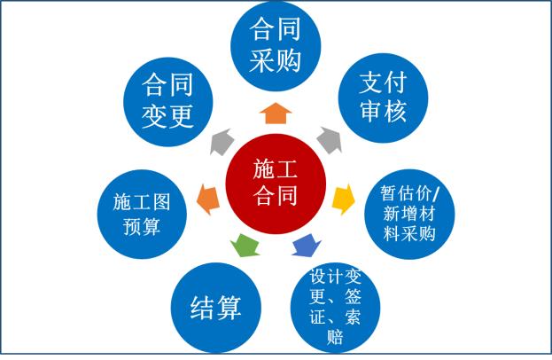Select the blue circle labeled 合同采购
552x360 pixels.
pyautogui.click(x=275, y=45)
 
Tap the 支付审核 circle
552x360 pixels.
pyautogui.click(x=383, y=98)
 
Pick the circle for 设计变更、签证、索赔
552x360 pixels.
pyautogui.click(x=335, y=307)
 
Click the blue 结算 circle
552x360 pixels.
pyautogui.click(x=216, y=308)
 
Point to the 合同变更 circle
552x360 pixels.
pyautogui.click(x=167, y=100)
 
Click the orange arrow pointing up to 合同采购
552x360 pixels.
pyautogui.click(x=276, y=113)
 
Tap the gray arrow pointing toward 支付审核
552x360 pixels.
pyautogui.click(x=328, y=139)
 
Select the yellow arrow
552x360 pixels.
pyautogui.click(x=343, y=199)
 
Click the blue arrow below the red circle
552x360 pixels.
pyautogui.click(x=306, y=244)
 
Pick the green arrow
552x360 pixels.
pyautogui.click(x=245, y=243)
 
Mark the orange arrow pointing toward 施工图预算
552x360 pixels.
pyautogui.click(x=207, y=198)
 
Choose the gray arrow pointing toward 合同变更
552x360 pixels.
pyautogui.click(x=222, y=140)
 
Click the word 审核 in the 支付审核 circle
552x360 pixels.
pyautogui.click(x=383, y=113)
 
